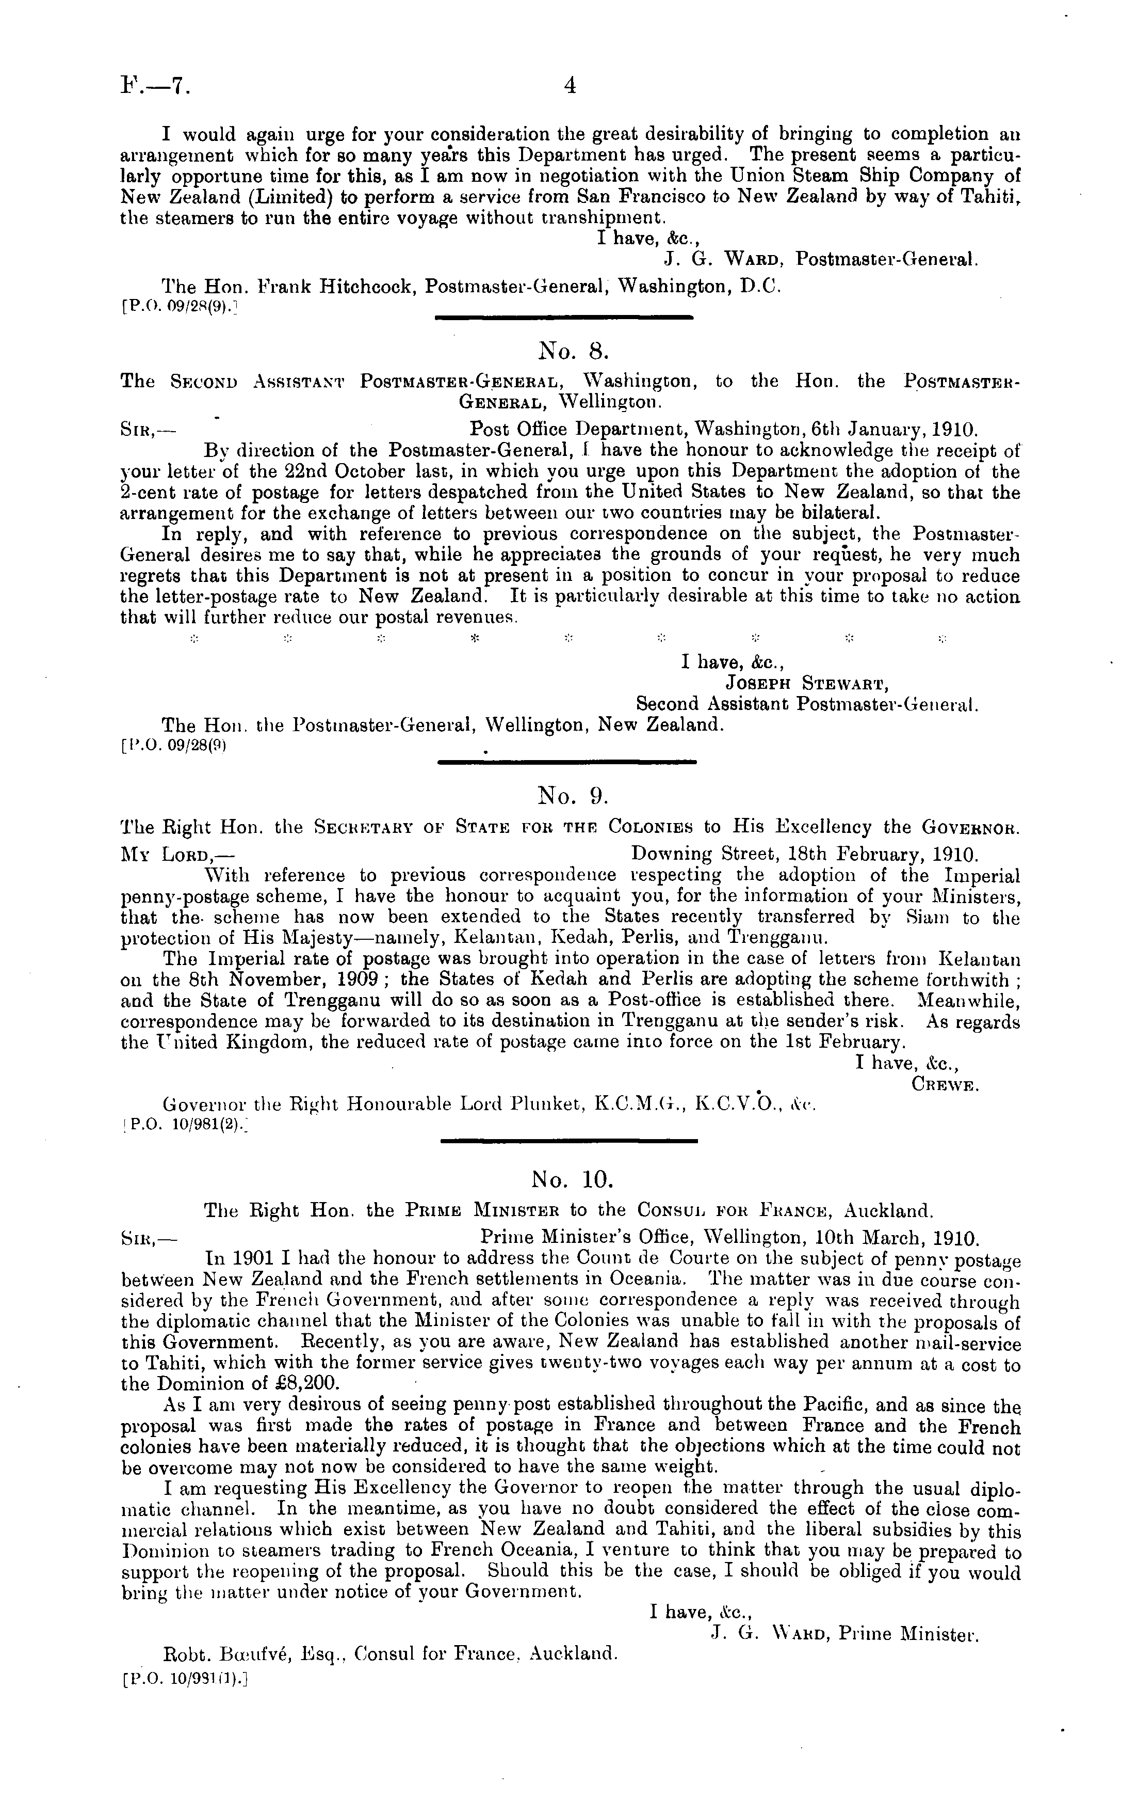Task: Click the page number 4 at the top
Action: point(570,87)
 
